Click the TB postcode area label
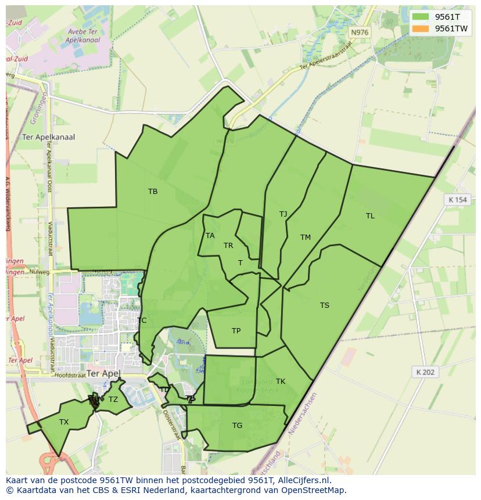click(x=153, y=192)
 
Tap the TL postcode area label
click(x=370, y=216)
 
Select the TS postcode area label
click(x=324, y=305)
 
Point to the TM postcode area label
click(x=306, y=238)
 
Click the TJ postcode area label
click(x=283, y=214)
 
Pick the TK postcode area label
click(x=281, y=382)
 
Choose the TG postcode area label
click(x=237, y=426)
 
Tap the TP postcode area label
click(x=236, y=331)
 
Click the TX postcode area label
click(x=64, y=422)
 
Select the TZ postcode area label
click(x=113, y=400)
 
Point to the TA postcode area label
click(x=210, y=236)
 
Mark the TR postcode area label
click(x=228, y=246)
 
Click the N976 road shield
click(x=360, y=33)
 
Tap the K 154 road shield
click(x=458, y=200)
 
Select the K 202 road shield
click(x=425, y=372)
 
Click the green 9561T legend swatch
click(x=421, y=17)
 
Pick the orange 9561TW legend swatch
click(x=421, y=28)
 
